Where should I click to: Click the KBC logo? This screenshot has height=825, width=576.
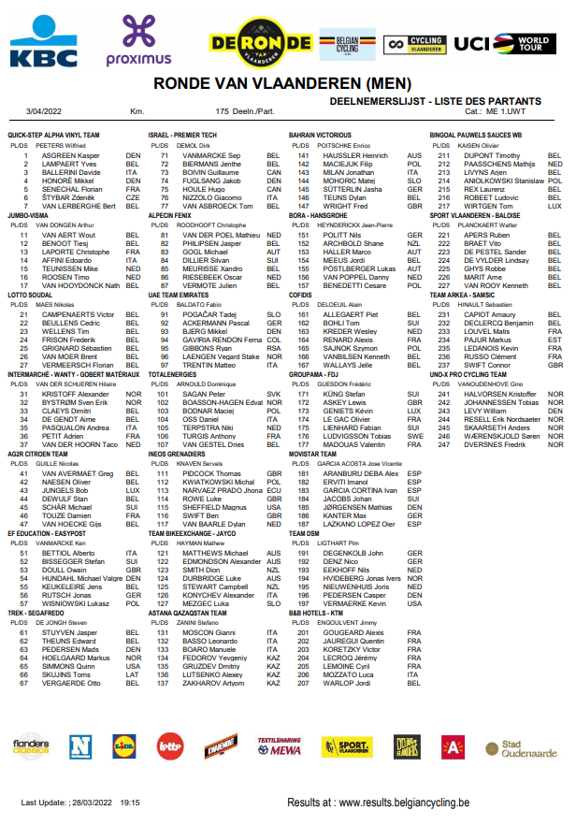[44, 43]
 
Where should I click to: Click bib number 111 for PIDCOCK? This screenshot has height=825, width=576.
[162, 474]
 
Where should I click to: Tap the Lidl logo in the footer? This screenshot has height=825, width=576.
[123, 745]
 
